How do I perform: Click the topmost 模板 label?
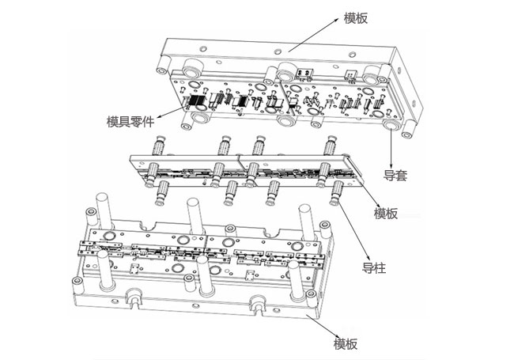(356, 18)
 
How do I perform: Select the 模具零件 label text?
(130, 122)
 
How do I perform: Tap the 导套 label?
(395, 176)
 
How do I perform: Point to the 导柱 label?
(374, 268)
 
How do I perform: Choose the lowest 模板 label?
(346, 344)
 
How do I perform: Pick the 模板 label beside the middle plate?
(386, 214)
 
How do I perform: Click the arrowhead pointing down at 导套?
(391, 166)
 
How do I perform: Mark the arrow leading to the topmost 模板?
(313, 35)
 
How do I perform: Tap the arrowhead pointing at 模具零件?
(160, 116)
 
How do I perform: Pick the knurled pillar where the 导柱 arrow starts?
(336, 193)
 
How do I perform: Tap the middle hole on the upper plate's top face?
(278, 51)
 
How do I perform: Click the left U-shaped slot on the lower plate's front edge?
(134, 297)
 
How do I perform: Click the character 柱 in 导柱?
(380, 268)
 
